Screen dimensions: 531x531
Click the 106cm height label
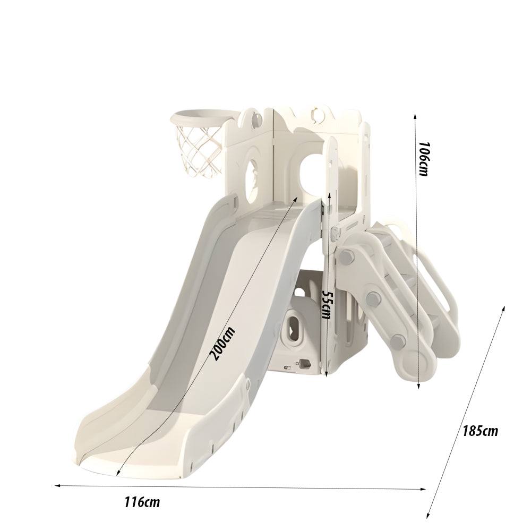pos(423,159)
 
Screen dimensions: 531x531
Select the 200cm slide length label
pos(222,344)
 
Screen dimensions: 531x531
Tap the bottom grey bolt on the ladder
pos(398,340)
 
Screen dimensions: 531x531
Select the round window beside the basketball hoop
pos(250,169)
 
